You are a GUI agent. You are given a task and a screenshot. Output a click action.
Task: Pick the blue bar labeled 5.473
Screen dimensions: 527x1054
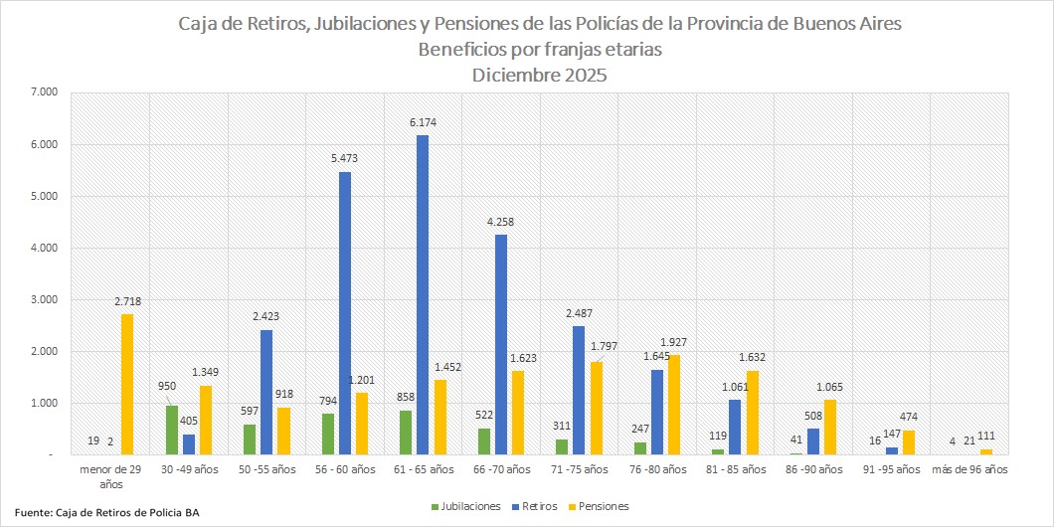(x=345, y=313)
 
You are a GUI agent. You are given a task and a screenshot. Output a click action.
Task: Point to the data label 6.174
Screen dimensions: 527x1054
(x=423, y=123)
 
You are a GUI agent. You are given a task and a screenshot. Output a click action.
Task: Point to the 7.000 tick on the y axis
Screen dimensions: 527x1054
(x=46, y=92)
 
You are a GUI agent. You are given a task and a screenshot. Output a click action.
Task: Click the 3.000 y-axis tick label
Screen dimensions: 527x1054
(x=46, y=299)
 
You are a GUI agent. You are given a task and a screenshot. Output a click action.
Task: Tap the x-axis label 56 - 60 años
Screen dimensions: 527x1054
(x=344, y=467)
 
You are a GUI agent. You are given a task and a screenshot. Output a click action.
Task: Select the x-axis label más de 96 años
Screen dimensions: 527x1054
(x=969, y=467)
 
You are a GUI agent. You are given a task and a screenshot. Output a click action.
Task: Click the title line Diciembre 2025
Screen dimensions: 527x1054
(x=539, y=75)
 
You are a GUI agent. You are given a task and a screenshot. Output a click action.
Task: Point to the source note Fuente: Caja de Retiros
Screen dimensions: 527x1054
(x=107, y=513)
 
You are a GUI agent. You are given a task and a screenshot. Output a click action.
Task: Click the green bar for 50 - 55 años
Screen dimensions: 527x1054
(x=250, y=439)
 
